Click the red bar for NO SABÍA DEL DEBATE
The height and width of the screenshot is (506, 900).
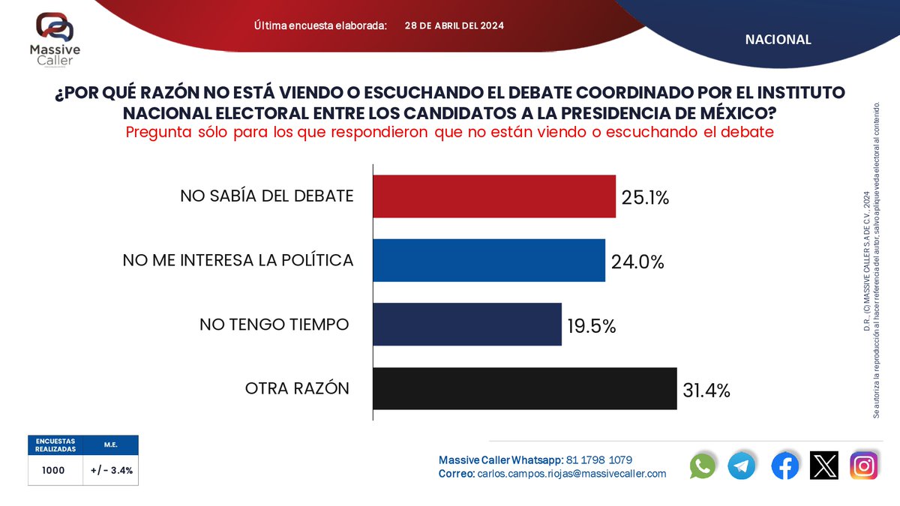click(494, 196)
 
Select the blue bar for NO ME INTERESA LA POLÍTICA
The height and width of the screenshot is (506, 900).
click(489, 261)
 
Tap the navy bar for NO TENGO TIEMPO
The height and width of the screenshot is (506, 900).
click(467, 325)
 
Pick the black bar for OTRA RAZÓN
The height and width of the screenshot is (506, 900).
click(525, 389)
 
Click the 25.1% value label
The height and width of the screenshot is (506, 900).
click(645, 198)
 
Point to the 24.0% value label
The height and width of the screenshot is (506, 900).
click(637, 262)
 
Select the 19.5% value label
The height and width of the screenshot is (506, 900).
click(592, 326)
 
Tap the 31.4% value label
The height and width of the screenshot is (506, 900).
click(706, 391)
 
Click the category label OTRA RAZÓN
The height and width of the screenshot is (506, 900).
click(297, 388)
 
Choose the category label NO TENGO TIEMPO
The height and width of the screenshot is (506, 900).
click(274, 325)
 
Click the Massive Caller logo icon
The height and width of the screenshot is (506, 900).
click(55, 27)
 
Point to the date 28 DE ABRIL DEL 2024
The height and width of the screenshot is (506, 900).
click(454, 25)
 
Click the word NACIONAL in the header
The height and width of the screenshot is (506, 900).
click(778, 39)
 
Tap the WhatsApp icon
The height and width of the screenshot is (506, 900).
click(702, 466)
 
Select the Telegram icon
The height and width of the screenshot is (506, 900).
click(741, 466)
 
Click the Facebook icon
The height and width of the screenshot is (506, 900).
click(784, 466)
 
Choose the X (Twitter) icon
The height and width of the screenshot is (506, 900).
click(824, 466)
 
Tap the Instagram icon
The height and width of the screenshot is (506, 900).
click(864, 466)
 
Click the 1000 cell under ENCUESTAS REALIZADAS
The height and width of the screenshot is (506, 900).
click(53, 470)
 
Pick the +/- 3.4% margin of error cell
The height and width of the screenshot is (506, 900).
click(111, 470)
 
